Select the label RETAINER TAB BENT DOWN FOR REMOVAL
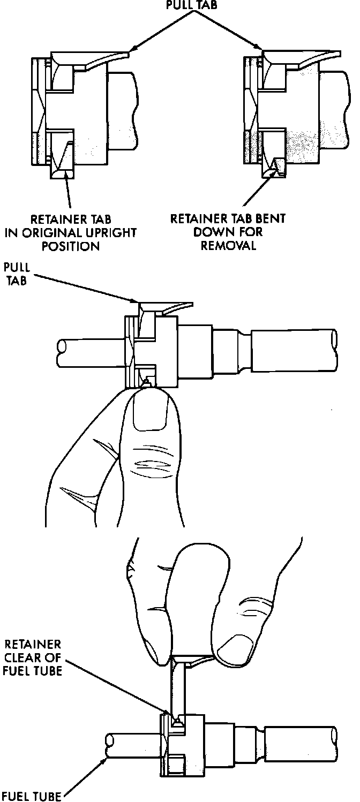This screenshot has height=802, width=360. (x=227, y=232)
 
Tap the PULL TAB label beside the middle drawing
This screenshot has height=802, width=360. (x=18, y=273)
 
